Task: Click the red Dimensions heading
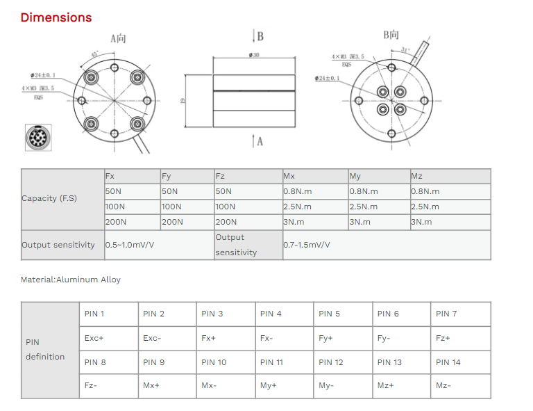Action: click(56, 17)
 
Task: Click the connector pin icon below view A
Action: click(37, 137)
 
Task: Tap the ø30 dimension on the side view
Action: click(254, 54)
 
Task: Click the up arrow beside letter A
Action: click(253, 141)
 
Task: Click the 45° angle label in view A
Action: click(94, 54)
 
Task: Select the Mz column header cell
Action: click(416, 177)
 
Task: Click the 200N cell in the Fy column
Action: click(172, 222)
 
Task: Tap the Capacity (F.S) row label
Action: click(49, 198)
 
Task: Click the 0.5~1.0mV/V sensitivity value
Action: click(130, 245)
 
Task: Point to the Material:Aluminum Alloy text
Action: click(71, 280)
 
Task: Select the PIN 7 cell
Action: click(446, 314)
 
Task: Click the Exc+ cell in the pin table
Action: click(94, 338)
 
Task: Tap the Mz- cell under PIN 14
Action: click(443, 386)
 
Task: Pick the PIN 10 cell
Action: click(214, 362)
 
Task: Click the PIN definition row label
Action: click(45, 350)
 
